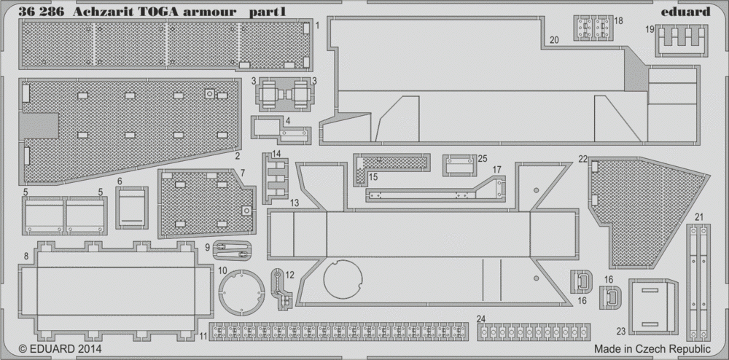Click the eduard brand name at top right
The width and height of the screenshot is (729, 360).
click(685, 12)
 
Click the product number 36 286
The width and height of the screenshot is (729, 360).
click(42, 12)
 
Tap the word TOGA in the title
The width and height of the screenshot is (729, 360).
click(158, 12)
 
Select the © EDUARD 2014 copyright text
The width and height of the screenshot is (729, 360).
click(60, 348)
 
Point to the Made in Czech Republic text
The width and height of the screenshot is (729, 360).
click(652, 349)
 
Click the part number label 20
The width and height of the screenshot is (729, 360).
click(554, 40)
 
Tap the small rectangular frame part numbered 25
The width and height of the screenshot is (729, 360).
click(460, 165)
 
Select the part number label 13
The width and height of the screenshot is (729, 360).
click(294, 203)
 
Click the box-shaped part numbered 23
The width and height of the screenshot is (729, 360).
click(653, 307)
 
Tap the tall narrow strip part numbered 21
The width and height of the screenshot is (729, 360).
click(698, 283)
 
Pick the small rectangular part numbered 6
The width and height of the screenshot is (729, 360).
click(131, 208)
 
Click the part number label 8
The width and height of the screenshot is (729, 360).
click(26, 256)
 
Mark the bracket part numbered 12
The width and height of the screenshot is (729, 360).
click(281, 289)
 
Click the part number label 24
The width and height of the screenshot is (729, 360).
click(481, 318)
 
